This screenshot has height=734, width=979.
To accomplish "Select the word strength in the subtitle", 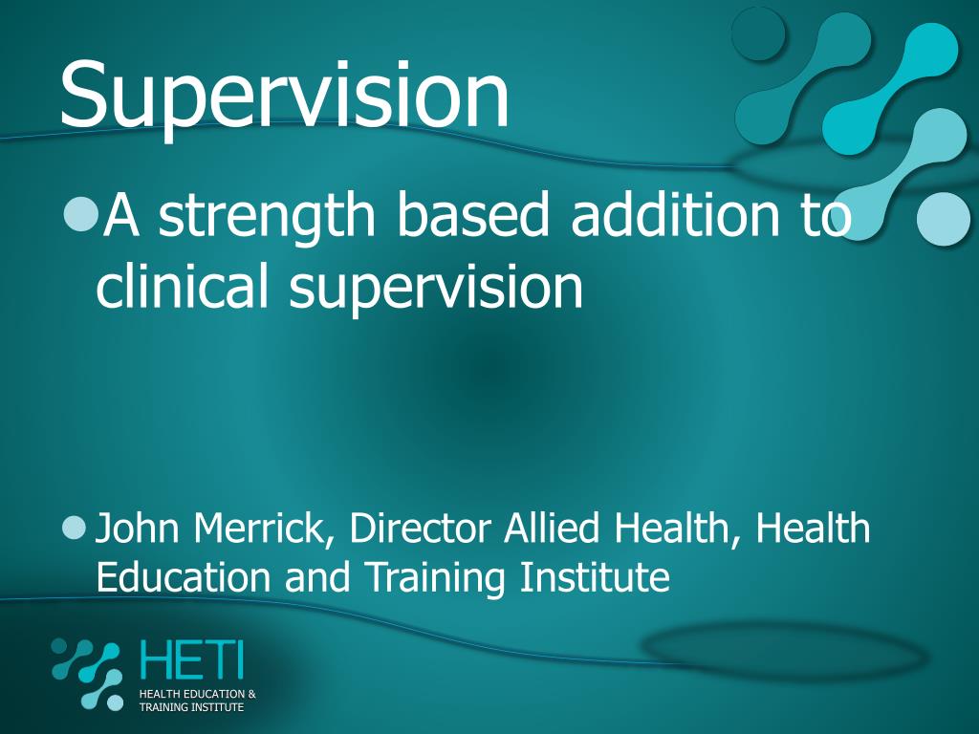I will pyautogui.click(x=269, y=216).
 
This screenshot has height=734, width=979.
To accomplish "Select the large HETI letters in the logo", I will pyautogui.click(x=191, y=660).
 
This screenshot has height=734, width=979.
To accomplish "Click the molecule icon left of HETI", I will pyautogui.click(x=88, y=673).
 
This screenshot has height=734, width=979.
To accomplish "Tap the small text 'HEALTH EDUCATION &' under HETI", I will pyautogui.click(x=197, y=694).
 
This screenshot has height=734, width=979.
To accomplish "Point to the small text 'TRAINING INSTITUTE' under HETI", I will pyautogui.click(x=191, y=707).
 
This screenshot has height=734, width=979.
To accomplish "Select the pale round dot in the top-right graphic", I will pyautogui.click(x=943, y=218).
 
